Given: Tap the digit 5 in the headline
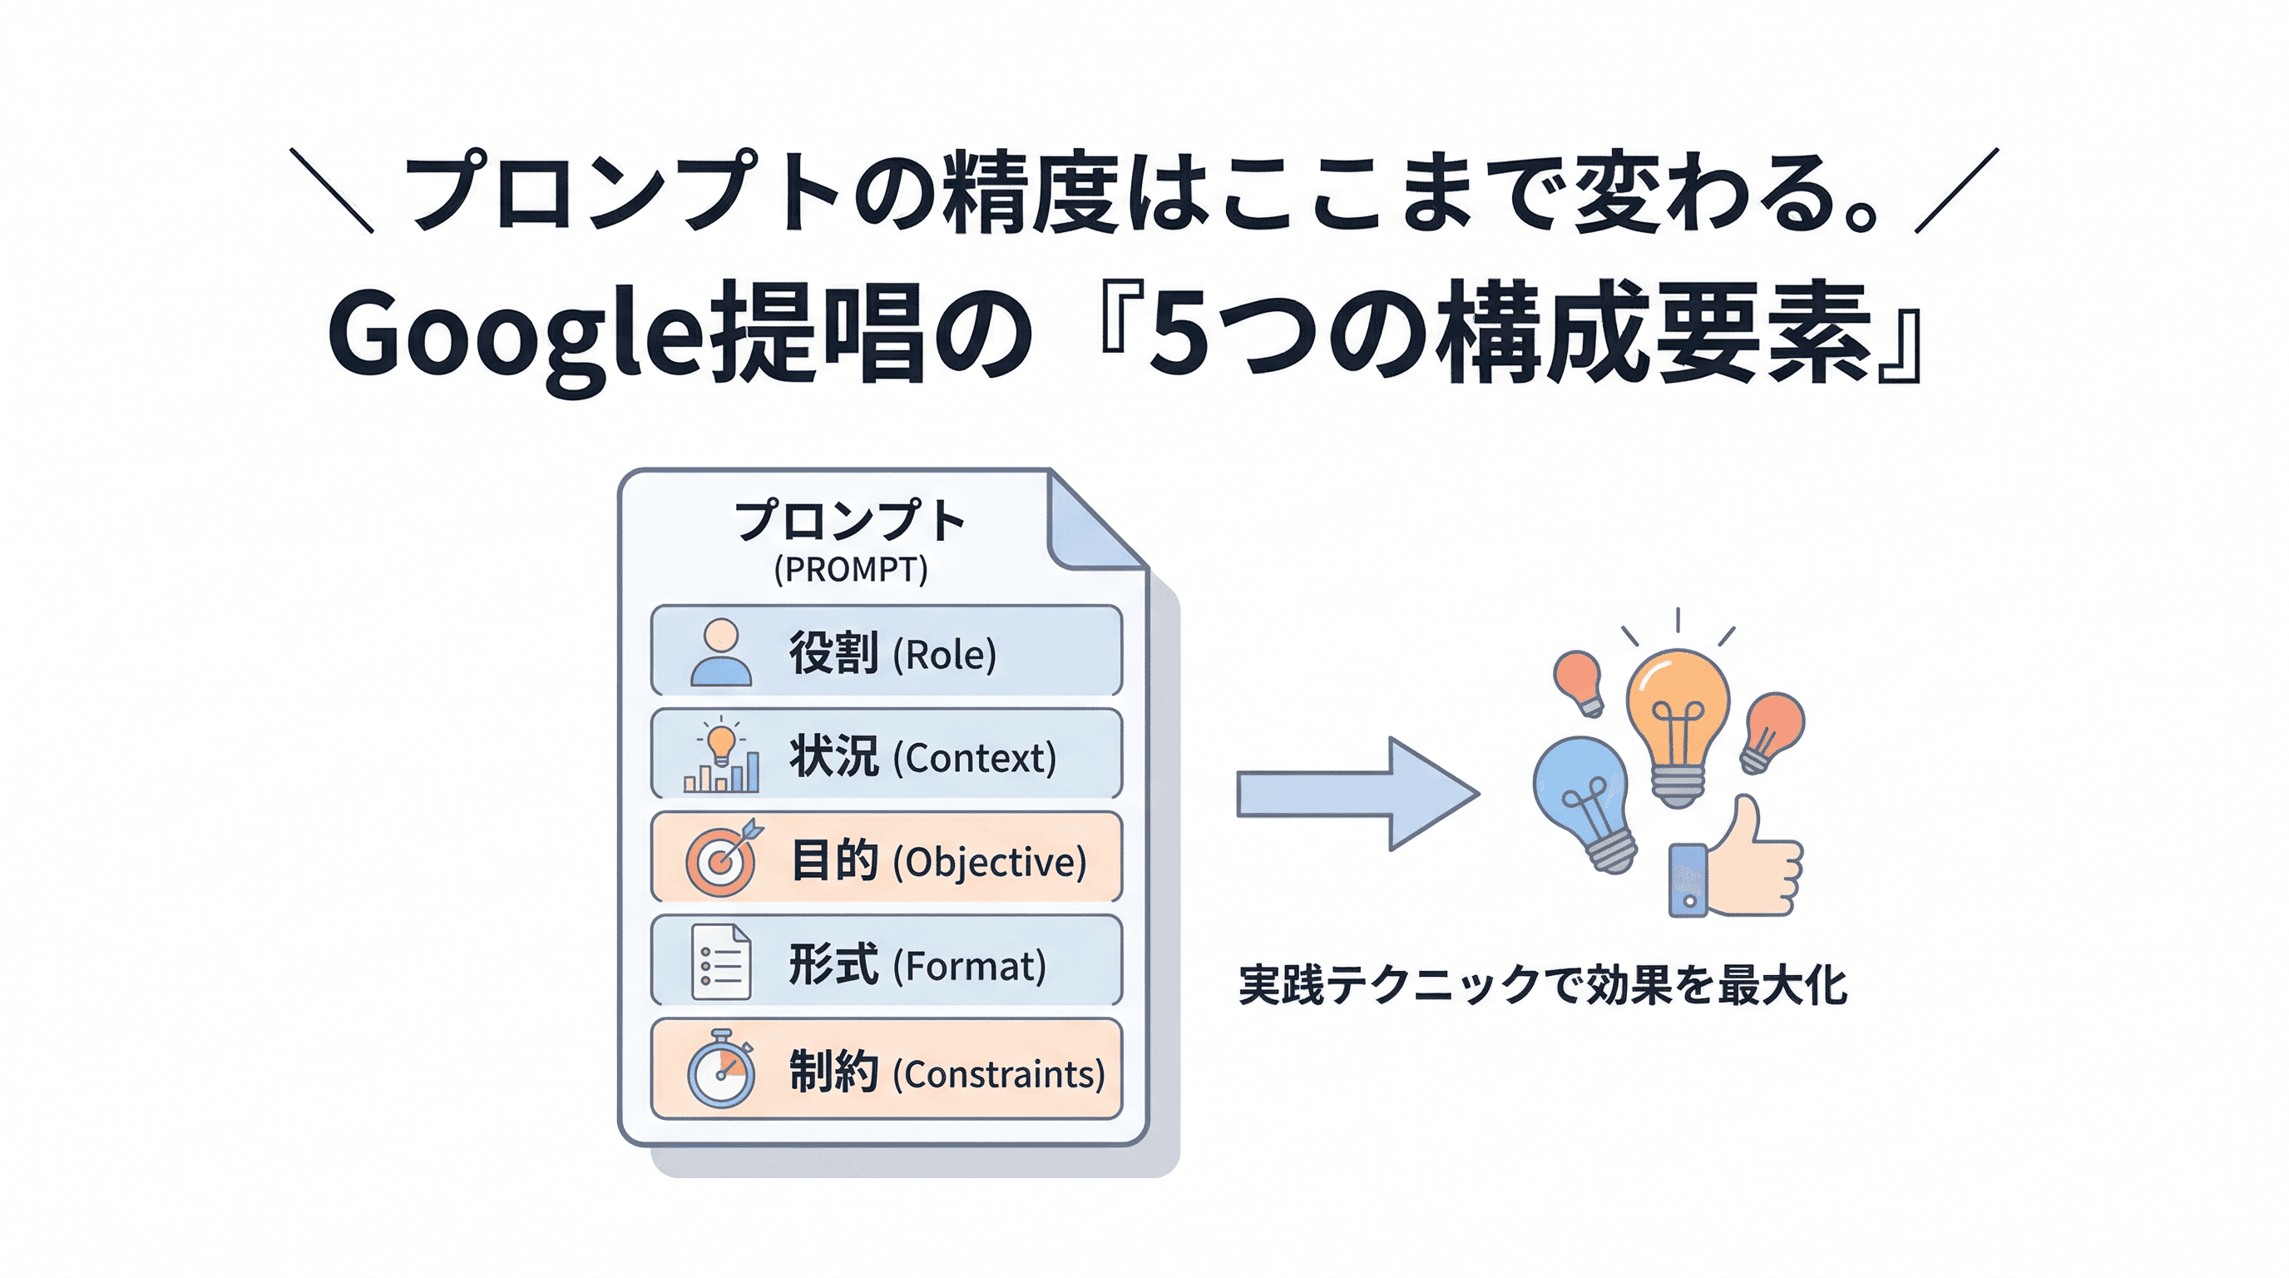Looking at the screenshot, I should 1179,339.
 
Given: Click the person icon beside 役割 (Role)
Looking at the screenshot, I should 720,652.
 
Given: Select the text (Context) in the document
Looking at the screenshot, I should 974,758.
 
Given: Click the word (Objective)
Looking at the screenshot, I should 989,862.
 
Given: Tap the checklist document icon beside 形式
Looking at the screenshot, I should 720,963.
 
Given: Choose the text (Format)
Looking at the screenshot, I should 968,966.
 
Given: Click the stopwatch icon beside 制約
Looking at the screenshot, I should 720,1069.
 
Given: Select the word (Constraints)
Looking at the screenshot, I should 998,1074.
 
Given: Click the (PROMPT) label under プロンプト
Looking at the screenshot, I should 850,570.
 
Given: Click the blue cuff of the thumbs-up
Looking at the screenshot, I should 1688,879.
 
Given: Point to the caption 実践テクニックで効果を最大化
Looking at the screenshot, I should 1543,986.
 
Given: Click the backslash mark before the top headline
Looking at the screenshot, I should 331,191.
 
